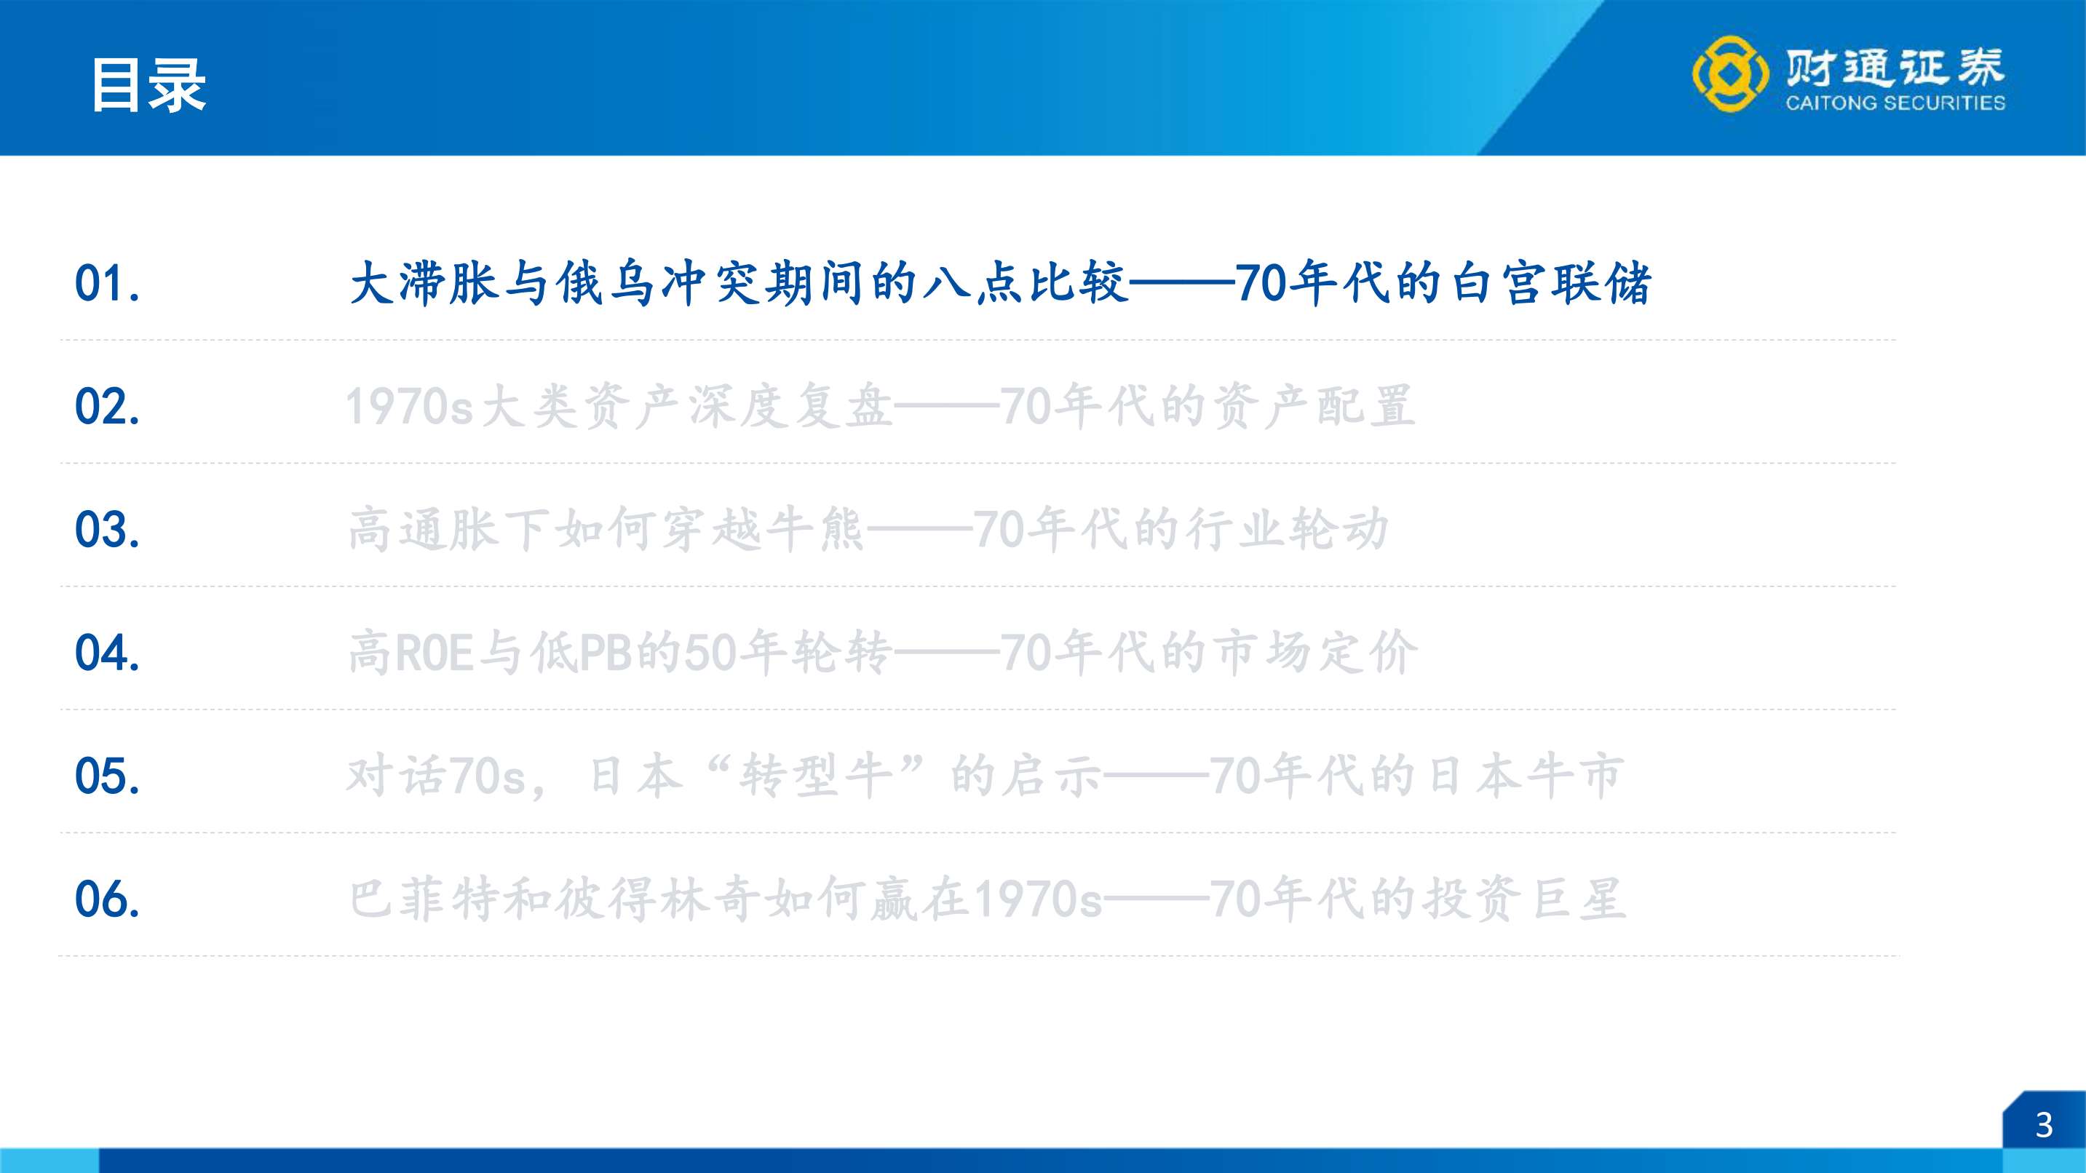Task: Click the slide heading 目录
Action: click(x=149, y=85)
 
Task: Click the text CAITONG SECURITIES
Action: click(x=1895, y=103)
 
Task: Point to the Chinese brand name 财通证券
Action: click(x=1895, y=66)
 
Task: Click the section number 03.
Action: click(x=107, y=530)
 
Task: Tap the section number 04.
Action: click(x=107, y=653)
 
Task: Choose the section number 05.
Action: click(x=107, y=776)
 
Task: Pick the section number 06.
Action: click(x=107, y=899)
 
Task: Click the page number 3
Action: click(x=2044, y=1125)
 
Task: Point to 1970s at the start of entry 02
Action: click(x=410, y=406)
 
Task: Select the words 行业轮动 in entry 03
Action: click(x=1287, y=530)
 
